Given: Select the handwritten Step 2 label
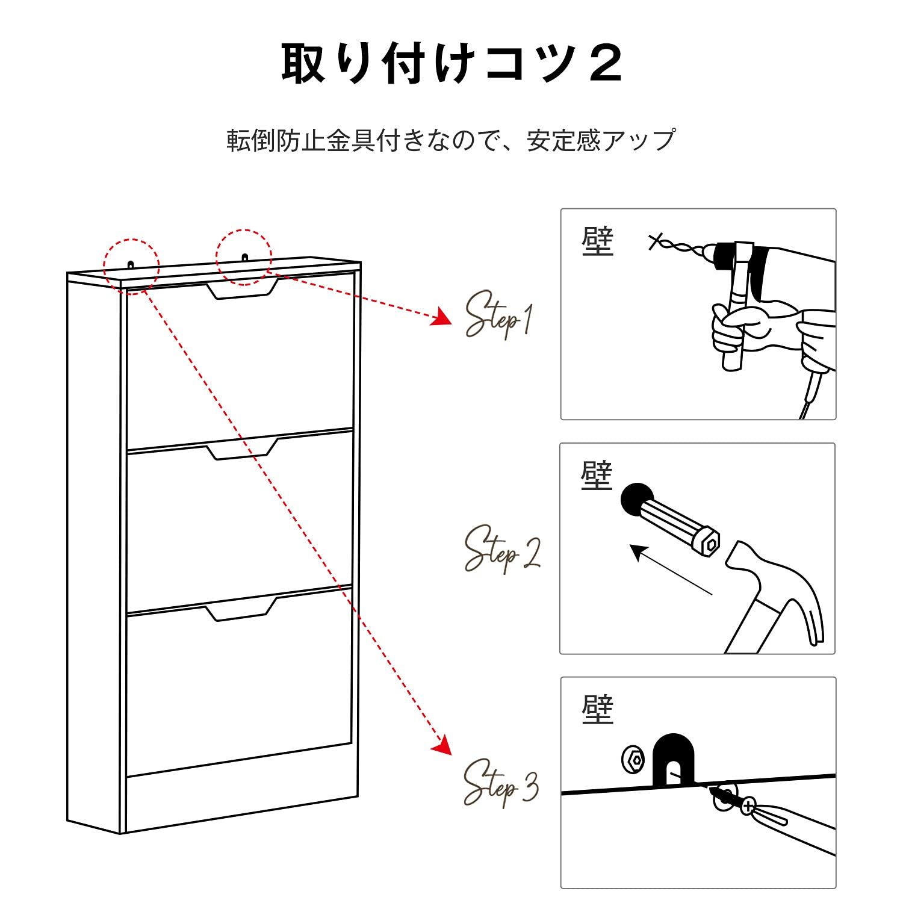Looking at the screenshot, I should coord(501,548).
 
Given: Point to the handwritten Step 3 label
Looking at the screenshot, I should coord(500,782).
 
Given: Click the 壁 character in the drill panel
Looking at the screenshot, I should coord(597,242).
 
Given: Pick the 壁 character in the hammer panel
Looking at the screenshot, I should coord(597,476).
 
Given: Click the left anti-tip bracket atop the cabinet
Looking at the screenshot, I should coord(131,264).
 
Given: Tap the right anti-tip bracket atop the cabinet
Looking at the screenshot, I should coord(244,257).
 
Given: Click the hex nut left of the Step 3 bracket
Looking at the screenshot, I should coord(633,760).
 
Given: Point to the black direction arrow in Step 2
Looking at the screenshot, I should coord(668,569).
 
